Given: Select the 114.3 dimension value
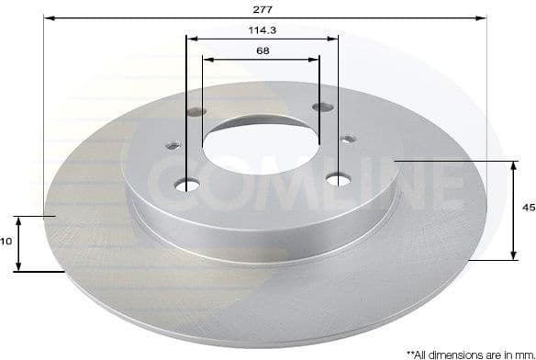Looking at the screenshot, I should (262, 30).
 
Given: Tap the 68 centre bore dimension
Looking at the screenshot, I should (262, 51).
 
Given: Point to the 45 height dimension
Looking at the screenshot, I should (528, 208).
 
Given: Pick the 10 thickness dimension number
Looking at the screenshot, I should (6, 242).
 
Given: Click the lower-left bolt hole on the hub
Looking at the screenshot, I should (188, 186).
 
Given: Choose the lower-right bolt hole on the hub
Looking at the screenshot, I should (339, 178).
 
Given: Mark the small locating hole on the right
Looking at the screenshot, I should (348, 140).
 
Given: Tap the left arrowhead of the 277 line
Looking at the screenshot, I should (49, 17).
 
